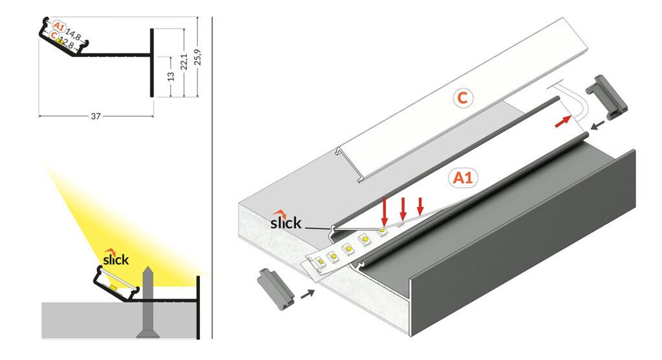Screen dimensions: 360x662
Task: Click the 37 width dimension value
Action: pyautogui.click(x=95, y=116)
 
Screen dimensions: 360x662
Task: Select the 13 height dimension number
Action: pyautogui.click(x=171, y=76)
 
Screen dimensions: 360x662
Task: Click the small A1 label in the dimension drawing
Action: pyautogui.click(x=58, y=27)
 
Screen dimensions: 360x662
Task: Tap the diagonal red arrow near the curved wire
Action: pyautogui.click(x=563, y=120)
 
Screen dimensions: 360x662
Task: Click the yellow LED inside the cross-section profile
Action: pyautogui.click(x=113, y=286)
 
